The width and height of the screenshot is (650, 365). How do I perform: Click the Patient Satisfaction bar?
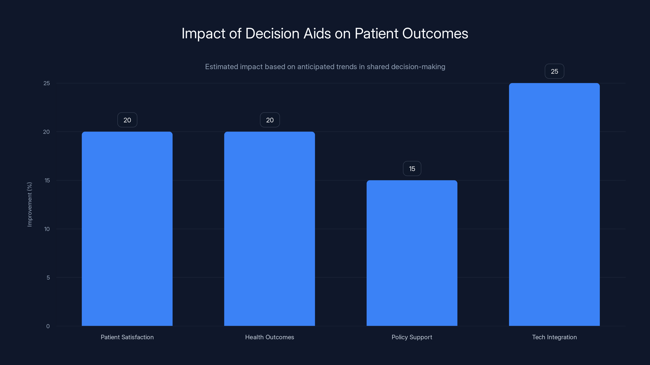(127, 229)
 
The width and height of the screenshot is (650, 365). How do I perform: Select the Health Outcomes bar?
(270, 229)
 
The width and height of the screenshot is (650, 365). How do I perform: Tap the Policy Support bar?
(412, 253)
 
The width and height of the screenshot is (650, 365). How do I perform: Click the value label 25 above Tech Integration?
(554, 71)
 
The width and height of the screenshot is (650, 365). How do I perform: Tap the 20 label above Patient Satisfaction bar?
(127, 120)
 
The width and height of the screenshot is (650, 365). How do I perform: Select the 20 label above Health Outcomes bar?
(270, 120)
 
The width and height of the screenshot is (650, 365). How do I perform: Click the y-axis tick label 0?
(48, 326)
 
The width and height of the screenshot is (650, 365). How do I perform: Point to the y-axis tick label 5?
(48, 278)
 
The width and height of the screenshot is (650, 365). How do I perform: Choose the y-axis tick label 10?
(47, 229)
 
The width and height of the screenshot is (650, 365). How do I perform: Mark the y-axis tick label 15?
(47, 180)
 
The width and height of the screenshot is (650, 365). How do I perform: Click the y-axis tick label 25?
(47, 83)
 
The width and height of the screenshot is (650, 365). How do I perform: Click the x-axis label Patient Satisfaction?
(127, 337)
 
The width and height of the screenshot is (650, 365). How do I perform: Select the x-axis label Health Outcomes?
(270, 337)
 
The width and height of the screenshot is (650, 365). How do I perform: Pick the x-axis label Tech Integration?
(554, 337)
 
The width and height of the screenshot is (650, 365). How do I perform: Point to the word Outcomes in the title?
(435, 33)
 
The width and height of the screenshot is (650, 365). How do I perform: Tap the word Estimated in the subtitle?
(221, 67)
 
